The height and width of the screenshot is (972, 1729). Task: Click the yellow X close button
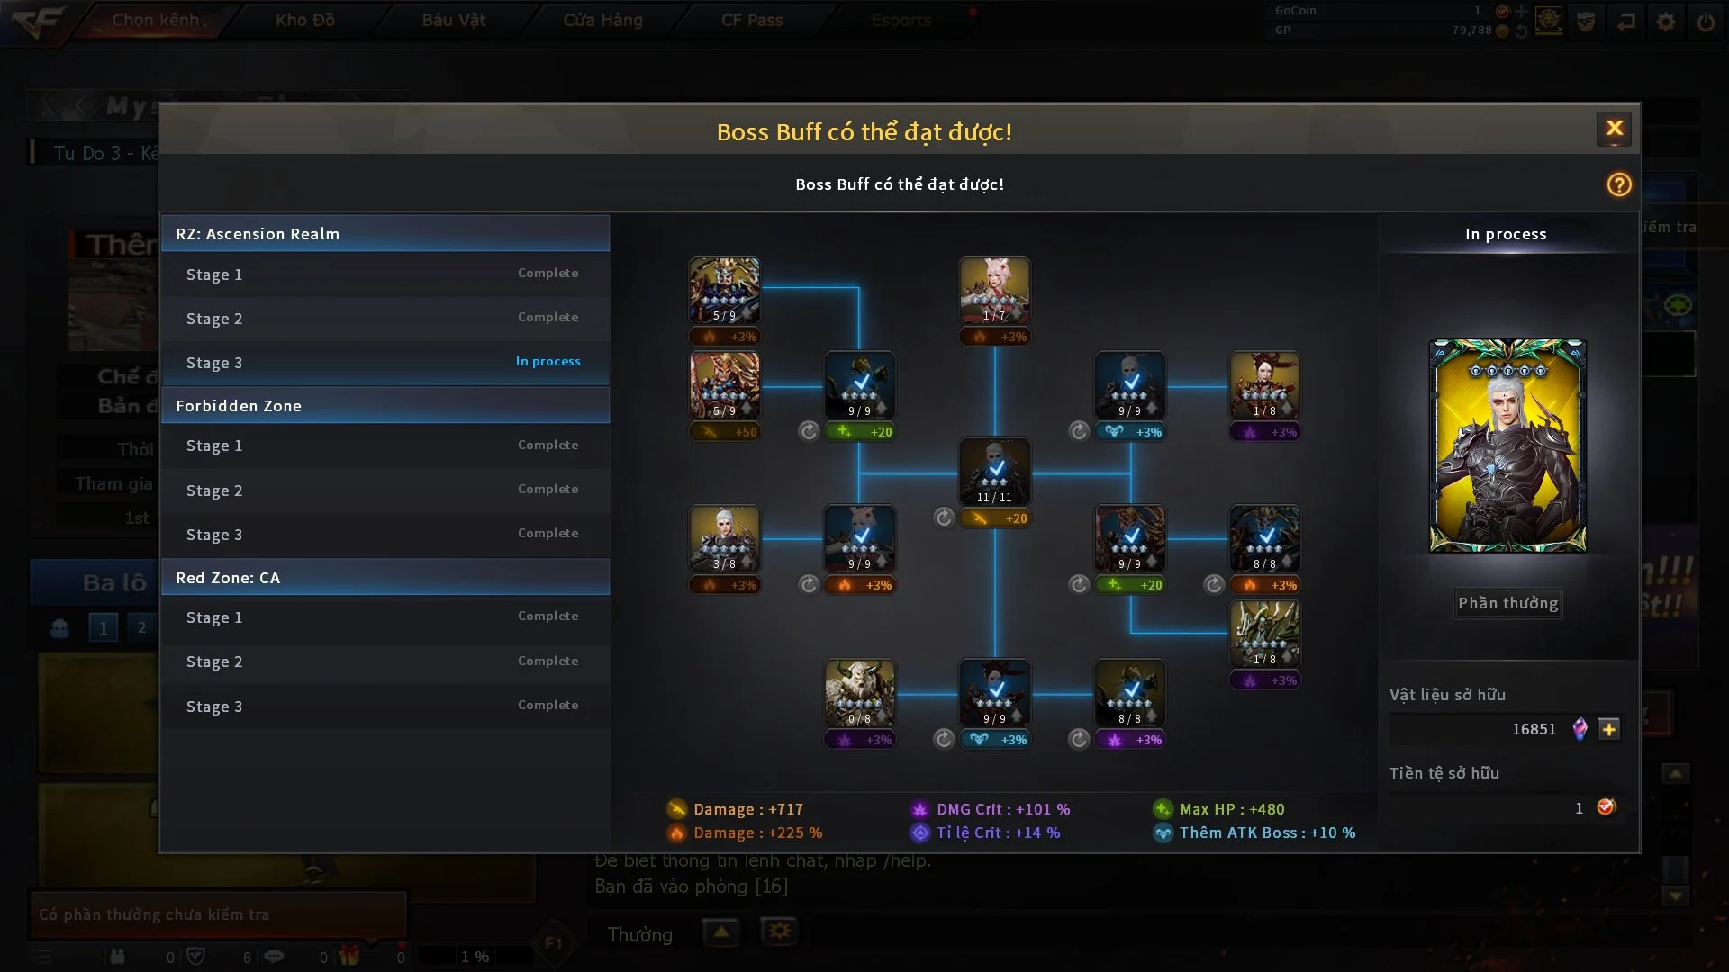1614,129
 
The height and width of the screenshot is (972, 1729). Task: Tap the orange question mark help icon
1618,184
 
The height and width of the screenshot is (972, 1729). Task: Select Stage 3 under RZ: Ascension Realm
214,363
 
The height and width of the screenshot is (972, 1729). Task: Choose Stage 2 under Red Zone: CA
214,661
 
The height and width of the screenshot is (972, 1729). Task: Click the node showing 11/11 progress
994,471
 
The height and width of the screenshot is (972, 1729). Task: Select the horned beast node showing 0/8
859,692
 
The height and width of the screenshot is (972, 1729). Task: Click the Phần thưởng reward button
1507,603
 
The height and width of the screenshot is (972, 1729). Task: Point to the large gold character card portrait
1507,445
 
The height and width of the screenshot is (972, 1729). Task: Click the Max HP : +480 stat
1231,809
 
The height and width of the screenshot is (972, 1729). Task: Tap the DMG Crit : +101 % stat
1002,809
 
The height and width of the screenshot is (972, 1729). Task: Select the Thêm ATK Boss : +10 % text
1266,832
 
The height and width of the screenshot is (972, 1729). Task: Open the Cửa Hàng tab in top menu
602,20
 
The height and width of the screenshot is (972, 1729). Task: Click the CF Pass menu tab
752,20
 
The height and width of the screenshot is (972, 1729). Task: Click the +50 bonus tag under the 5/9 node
725,432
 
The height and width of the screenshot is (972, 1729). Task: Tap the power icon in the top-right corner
1706,22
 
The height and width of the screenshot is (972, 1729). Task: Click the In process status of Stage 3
548,361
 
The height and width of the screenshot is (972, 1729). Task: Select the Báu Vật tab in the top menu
454,20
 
